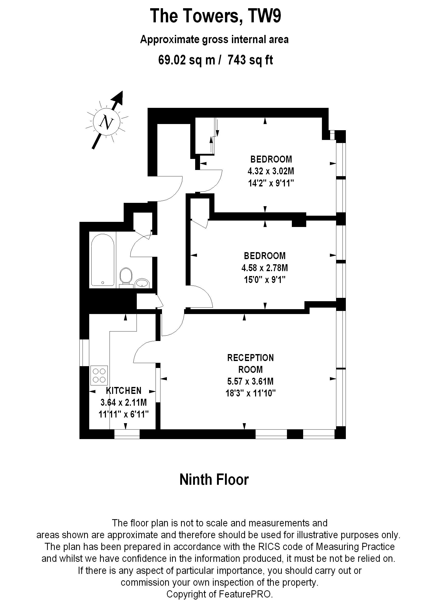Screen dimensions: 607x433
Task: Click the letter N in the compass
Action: pyautogui.click(x=107, y=122)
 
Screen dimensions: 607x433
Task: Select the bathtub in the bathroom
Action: pyautogui.click(x=103, y=260)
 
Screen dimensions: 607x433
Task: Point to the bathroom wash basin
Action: pyautogui.click(x=142, y=283)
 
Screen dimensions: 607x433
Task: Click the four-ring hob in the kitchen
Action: pyautogui.click(x=99, y=375)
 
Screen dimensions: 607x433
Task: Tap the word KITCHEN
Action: pyautogui.click(x=124, y=391)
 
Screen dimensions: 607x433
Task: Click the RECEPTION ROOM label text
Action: pyautogui.click(x=250, y=363)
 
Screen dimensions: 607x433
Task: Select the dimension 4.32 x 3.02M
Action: pyautogui.click(x=271, y=171)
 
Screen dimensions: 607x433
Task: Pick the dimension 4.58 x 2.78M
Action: pyautogui.click(x=265, y=268)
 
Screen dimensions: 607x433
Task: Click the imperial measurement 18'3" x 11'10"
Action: pyautogui.click(x=251, y=393)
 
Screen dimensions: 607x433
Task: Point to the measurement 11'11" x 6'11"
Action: pyautogui.click(x=124, y=414)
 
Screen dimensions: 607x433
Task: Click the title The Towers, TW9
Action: pyautogui.click(x=215, y=16)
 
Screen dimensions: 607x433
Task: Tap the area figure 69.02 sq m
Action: pyautogui.click(x=187, y=60)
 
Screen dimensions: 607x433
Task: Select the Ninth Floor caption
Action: pyautogui.click(x=214, y=479)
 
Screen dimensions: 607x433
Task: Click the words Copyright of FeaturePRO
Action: pyautogui.click(x=219, y=594)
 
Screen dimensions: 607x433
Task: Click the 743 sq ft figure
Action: pyautogui.click(x=250, y=60)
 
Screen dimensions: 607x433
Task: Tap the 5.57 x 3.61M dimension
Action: pyautogui.click(x=250, y=381)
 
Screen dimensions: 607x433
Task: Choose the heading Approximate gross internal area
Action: pyautogui.click(x=214, y=39)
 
